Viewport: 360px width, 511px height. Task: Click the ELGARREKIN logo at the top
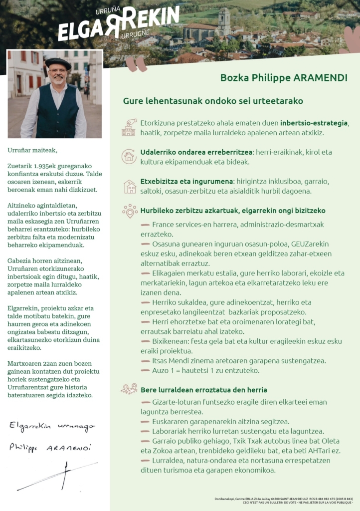[118, 23]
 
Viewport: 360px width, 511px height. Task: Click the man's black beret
[58, 63]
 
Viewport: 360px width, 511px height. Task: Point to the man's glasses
[58, 71]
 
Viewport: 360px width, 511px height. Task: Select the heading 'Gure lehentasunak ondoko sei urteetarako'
[213, 101]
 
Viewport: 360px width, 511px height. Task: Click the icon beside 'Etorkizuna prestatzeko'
[129, 127]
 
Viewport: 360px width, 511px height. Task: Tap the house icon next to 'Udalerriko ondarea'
[129, 157]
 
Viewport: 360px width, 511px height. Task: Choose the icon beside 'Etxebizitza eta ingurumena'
[130, 187]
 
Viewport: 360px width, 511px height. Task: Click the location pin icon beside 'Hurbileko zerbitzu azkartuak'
[130, 211]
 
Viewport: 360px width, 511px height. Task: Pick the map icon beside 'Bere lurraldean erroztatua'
[129, 389]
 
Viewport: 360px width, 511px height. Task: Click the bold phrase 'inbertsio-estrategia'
[314, 123]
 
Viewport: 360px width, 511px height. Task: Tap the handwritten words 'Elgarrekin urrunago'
[52, 427]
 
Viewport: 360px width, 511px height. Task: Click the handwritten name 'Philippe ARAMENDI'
[50, 448]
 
